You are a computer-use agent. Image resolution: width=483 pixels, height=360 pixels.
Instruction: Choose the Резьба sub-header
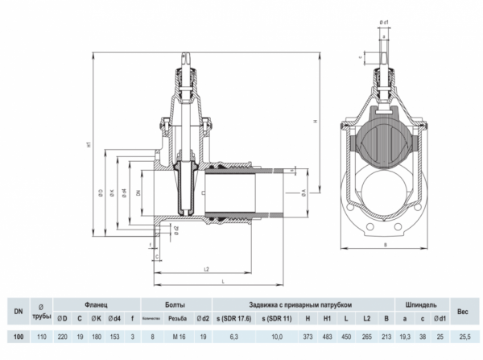[x=179, y=318]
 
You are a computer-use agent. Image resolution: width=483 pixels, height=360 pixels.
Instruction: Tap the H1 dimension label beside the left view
[x=89, y=146]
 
